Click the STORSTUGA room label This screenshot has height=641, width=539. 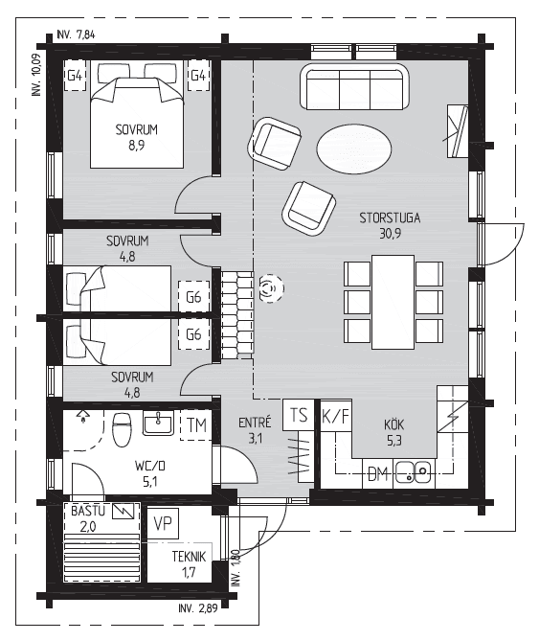click(x=390, y=217)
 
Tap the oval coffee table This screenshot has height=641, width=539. click(x=354, y=149)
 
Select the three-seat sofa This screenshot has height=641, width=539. click(x=354, y=86)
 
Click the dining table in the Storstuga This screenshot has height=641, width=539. click(x=393, y=302)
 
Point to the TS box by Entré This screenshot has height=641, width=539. click(x=299, y=415)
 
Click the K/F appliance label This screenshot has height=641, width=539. click(x=336, y=417)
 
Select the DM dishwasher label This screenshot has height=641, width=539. click(x=378, y=474)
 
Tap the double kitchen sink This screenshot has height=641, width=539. click(x=413, y=472)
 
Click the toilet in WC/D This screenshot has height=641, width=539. click(x=122, y=429)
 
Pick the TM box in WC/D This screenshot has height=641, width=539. click(x=196, y=425)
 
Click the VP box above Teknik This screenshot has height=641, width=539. click(x=163, y=523)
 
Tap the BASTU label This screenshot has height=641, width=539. click(x=88, y=511)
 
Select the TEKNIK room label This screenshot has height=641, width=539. click(x=189, y=557)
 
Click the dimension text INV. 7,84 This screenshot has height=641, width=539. click(x=76, y=34)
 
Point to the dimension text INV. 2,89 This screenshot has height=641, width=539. click(x=197, y=608)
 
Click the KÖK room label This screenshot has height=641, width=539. click(x=393, y=424)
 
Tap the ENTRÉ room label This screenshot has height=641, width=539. click(x=255, y=423)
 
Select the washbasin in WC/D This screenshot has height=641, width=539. click(x=158, y=423)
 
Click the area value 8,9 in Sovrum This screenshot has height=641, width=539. click(x=136, y=145)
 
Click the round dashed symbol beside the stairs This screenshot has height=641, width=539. click(x=271, y=288)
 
